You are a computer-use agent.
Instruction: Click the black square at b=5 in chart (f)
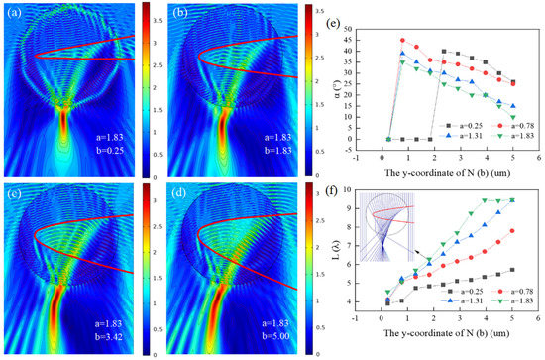click(x=512, y=270)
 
